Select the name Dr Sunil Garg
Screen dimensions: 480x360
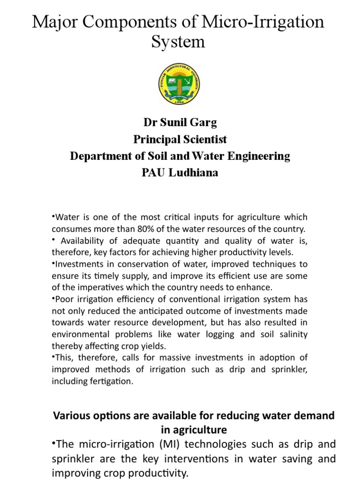tap(180, 123)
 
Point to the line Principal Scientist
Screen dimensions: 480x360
tap(180, 139)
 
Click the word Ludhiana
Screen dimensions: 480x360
tap(193, 172)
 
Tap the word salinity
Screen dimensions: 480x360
tap(292, 334)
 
